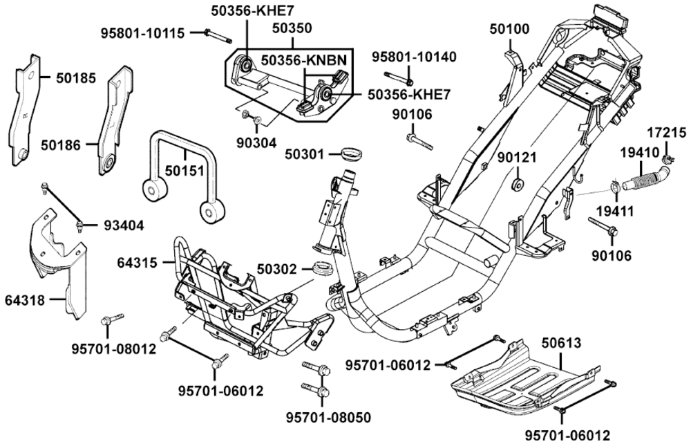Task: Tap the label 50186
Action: [61, 145]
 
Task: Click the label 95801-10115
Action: [142, 32]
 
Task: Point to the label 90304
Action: [256, 142]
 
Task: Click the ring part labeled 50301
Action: [353, 152]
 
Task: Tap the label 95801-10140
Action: [414, 56]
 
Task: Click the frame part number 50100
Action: [509, 28]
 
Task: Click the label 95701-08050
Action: [328, 417]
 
